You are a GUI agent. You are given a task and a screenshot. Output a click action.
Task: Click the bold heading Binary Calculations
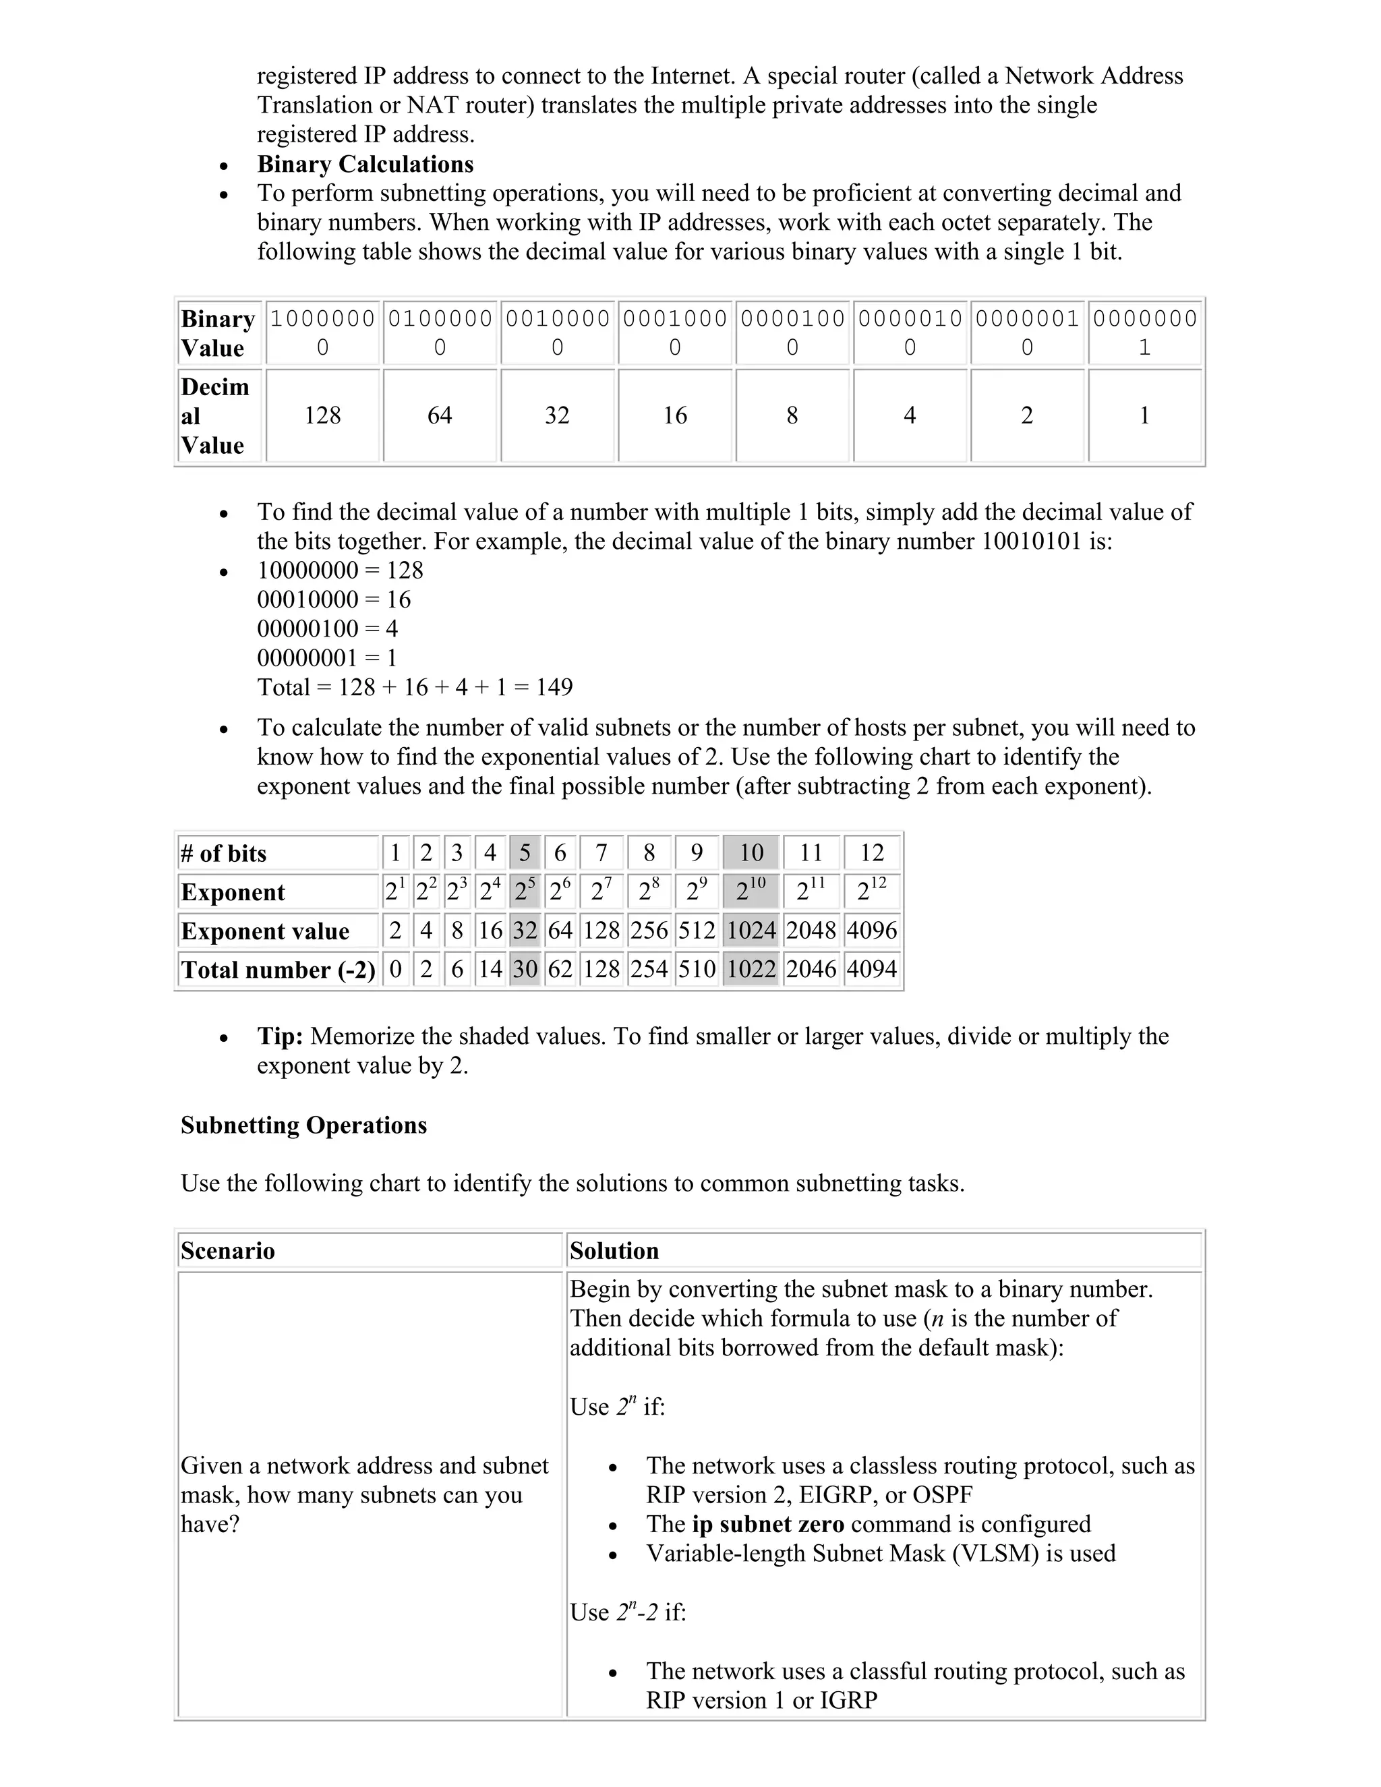click(x=365, y=165)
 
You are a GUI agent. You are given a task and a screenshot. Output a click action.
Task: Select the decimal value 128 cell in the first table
click(x=322, y=415)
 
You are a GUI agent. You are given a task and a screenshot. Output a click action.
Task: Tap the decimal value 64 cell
click(x=440, y=415)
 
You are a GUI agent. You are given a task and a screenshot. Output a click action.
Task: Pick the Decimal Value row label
click(x=214, y=415)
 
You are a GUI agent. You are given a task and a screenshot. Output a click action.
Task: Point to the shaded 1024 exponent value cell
click(x=751, y=931)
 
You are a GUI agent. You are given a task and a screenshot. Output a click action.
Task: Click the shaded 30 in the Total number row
click(x=525, y=970)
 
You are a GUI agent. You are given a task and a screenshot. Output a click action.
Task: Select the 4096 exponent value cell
click(x=871, y=931)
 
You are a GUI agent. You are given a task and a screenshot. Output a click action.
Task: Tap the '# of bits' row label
click(x=224, y=854)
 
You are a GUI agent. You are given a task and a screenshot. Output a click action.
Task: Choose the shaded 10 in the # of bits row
click(x=751, y=854)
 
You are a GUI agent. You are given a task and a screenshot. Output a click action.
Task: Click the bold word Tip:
click(x=281, y=1036)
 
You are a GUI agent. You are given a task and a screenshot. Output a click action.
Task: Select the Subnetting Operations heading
click(x=303, y=1125)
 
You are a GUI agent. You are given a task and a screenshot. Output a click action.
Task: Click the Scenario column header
click(x=229, y=1251)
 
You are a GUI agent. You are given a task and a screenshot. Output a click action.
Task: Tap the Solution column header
click(x=614, y=1251)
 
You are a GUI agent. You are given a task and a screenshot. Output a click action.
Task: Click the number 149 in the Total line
click(x=554, y=687)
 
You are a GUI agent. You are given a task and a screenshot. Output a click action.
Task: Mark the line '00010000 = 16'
click(x=334, y=599)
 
